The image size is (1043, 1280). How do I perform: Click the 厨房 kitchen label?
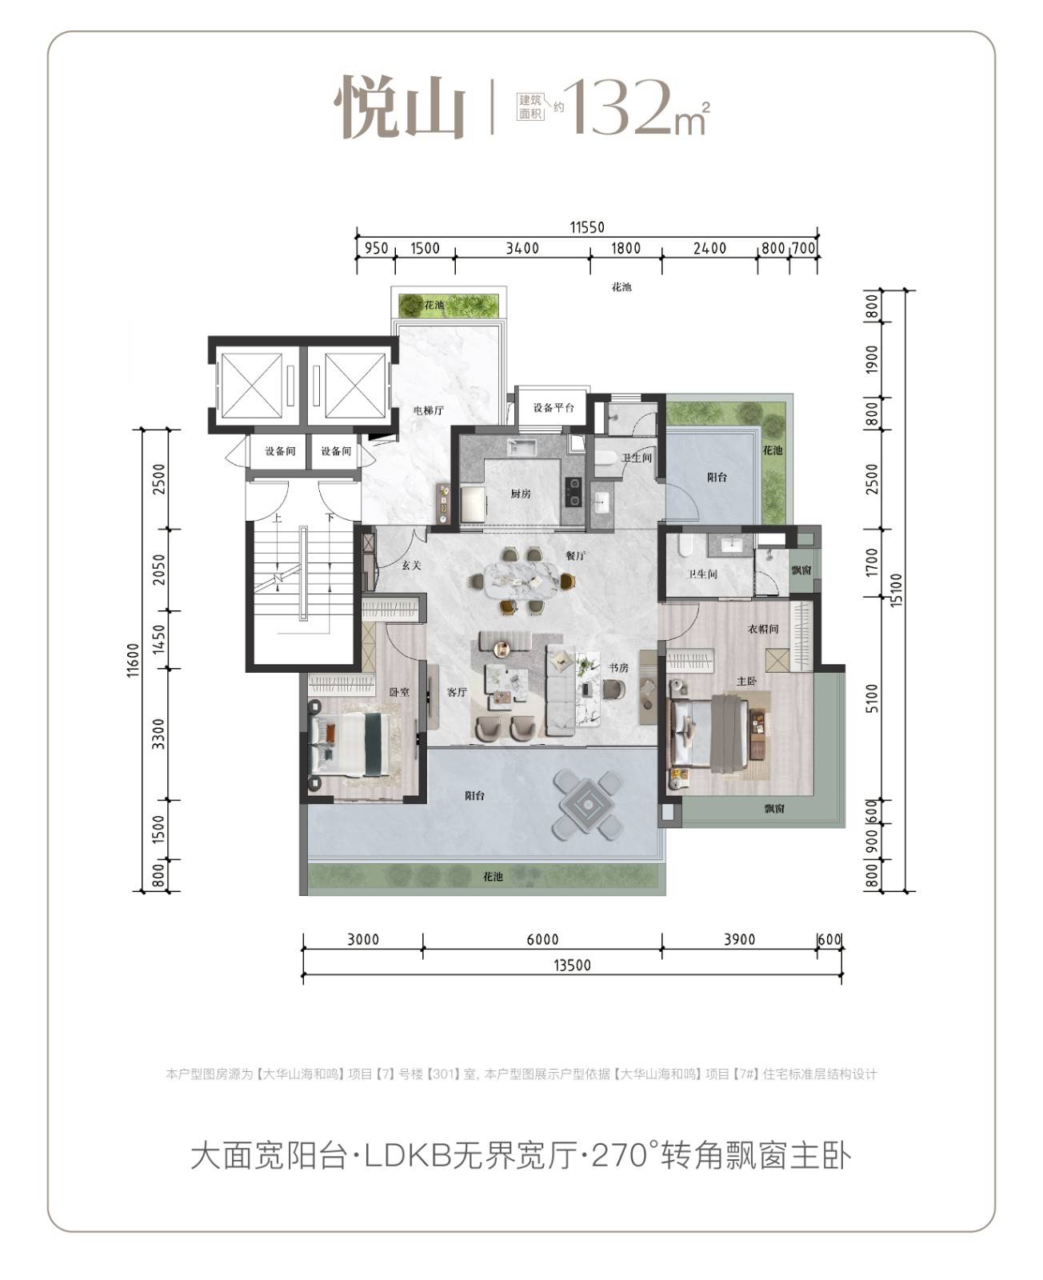point(520,494)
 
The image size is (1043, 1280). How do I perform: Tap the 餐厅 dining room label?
point(575,556)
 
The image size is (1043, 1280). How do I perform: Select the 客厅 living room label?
point(457,692)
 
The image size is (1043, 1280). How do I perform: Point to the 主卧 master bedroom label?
point(746,681)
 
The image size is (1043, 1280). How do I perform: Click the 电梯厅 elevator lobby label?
point(429,410)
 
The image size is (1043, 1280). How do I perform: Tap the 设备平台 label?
point(553,407)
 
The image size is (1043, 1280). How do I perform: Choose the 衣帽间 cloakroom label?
point(763,629)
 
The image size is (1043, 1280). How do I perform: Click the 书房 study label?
point(618,668)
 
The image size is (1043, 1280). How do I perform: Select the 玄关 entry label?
point(412,565)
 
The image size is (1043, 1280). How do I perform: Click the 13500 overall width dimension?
point(572,965)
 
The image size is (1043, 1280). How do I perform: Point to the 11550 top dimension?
point(587,227)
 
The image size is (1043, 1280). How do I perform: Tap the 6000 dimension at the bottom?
point(542,939)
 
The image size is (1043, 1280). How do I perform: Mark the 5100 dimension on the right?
point(872,698)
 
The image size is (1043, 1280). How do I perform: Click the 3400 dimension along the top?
point(522,248)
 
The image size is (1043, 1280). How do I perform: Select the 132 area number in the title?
point(619,107)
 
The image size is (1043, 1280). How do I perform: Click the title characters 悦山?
point(400,107)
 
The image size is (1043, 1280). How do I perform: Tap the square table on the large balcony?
point(587,805)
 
